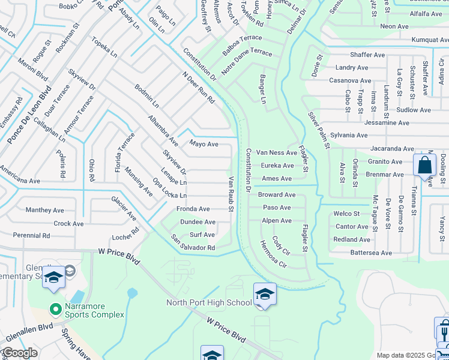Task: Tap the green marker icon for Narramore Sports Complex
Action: [x=55, y=310]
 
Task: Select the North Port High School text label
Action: [x=209, y=302]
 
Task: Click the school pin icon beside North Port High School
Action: [x=264, y=294]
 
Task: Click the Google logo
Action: [x=19, y=353]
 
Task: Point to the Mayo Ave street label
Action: [x=203, y=144]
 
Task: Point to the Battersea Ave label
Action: [x=371, y=253]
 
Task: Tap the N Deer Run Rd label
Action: [x=198, y=88]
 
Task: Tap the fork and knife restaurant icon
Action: [x=444, y=331]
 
